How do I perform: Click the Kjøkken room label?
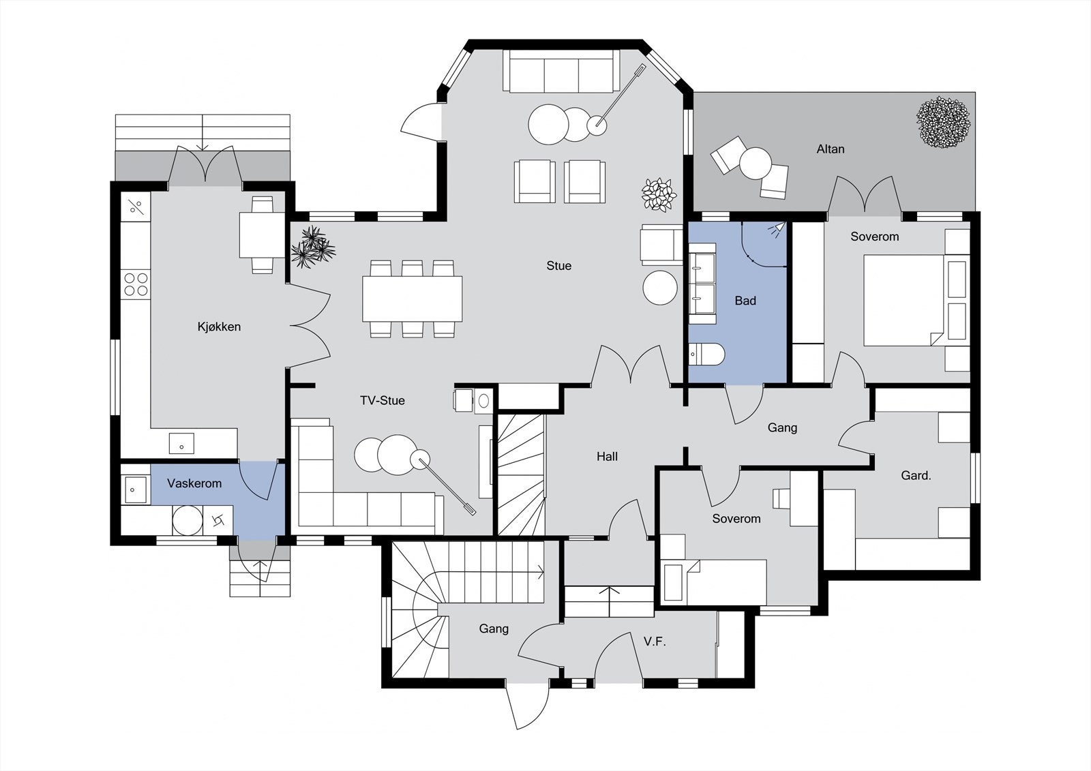tap(219, 327)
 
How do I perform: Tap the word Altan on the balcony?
tap(830, 149)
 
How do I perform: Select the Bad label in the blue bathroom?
tap(745, 301)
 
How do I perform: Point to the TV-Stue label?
tap(383, 400)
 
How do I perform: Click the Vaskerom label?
tap(194, 483)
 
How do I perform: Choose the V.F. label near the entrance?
tap(654, 641)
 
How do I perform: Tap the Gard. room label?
tap(915, 475)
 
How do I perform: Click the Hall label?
tap(607, 456)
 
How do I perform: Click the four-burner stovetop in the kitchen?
tap(135, 284)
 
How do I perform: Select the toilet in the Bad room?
tap(706, 354)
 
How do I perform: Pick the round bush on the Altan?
tap(943, 123)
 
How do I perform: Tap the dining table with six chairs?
tap(412, 299)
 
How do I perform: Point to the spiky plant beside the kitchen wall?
tap(312, 247)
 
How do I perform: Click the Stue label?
tap(558, 266)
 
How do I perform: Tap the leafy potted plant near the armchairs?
tap(659, 194)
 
